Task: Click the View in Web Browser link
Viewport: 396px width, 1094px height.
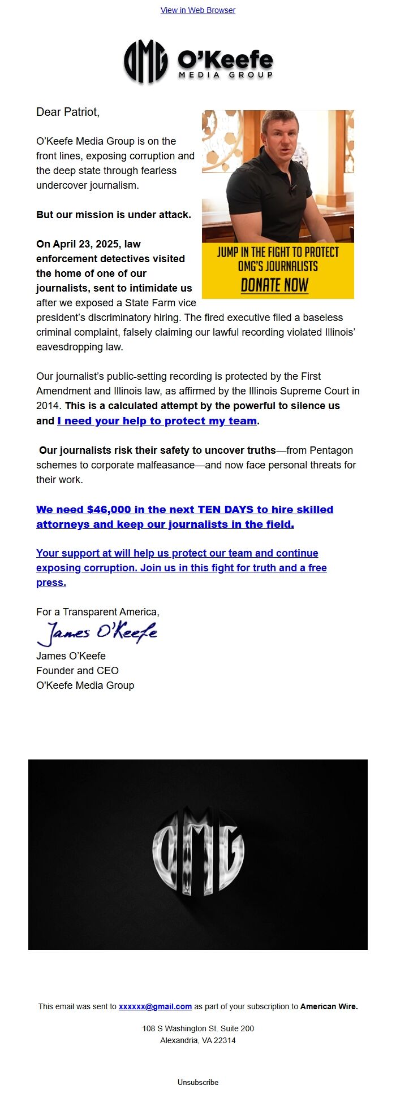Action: click(x=198, y=10)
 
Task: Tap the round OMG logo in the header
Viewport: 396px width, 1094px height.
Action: click(x=145, y=62)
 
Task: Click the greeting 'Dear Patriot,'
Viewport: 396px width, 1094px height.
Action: click(x=68, y=112)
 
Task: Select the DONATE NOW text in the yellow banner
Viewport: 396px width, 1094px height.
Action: click(x=274, y=285)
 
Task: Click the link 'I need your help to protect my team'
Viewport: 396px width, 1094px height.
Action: click(x=157, y=420)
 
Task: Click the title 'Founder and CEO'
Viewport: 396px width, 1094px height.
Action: click(x=78, y=671)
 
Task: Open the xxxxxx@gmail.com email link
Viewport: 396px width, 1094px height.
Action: click(x=155, y=1006)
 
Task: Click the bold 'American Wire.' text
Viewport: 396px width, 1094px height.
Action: click(x=329, y=1006)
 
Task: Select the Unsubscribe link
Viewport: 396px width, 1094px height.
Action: click(x=198, y=1082)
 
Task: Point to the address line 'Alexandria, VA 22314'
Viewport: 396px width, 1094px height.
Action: click(x=198, y=1040)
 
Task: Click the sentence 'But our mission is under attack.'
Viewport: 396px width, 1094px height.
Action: click(x=114, y=215)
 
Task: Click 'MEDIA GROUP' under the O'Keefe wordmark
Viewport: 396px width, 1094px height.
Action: click(x=226, y=75)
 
